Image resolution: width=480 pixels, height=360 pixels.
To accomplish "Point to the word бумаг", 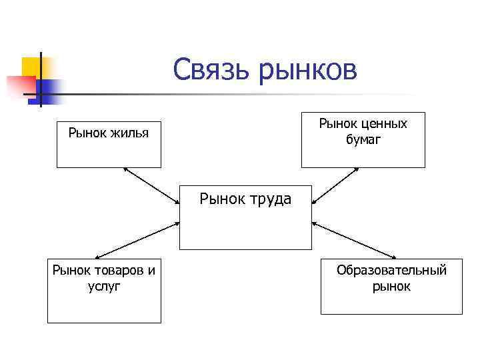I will click(363, 139).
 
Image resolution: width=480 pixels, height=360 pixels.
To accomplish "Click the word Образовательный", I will click(391, 270).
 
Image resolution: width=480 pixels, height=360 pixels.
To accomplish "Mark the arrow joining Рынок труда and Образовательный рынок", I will click(354, 239).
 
